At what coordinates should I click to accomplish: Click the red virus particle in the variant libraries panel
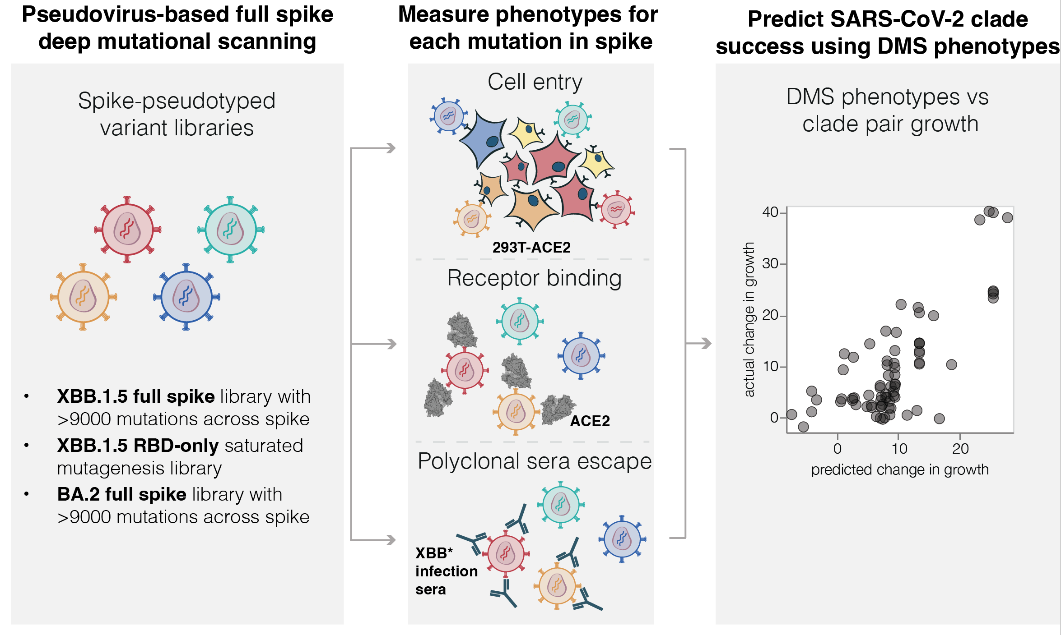(x=127, y=229)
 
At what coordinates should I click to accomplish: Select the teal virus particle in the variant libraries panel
(x=231, y=229)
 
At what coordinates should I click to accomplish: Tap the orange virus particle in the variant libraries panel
(x=83, y=297)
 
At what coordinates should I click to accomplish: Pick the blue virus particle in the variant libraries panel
(x=186, y=297)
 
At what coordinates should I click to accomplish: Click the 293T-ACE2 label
(x=531, y=247)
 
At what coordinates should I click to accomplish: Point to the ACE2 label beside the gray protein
(x=590, y=421)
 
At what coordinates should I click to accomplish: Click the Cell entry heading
(x=535, y=82)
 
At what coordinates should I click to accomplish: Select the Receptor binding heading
(x=534, y=278)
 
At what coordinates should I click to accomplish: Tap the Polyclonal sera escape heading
(x=535, y=461)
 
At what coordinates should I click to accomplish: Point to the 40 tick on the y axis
(x=770, y=212)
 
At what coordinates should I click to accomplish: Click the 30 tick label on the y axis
(x=770, y=263)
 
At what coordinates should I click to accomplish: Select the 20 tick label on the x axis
(x=960, y=449)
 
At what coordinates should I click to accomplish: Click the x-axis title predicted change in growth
(x=899, y=469)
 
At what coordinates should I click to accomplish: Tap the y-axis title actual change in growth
(x=749, y=319)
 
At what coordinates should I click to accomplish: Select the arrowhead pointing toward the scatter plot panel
(x=705, y=344)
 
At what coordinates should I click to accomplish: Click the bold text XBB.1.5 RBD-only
(x=138, y=446)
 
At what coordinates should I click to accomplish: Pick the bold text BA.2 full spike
(x=121, y=494)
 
